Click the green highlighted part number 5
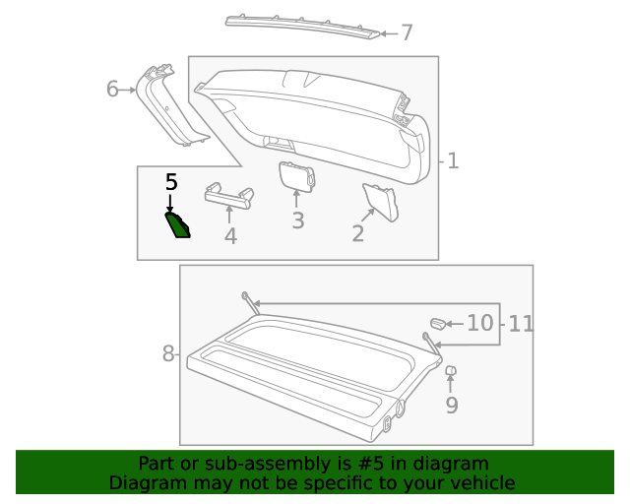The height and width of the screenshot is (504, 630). tap(178, 226)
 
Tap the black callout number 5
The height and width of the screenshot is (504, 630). tap(171, 182)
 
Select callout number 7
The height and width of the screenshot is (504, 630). tap(407, 33)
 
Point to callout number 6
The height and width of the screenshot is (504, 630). tap(112, 90)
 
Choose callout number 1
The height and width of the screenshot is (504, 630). tap(453, 160)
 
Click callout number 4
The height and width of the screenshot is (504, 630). tap(230, 236)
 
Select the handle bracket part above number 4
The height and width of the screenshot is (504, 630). tap(228, 195)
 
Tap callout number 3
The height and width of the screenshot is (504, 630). tap(297, 220)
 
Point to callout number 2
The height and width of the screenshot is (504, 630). tap(358, 233)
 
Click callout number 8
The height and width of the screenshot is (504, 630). tap(167, 352)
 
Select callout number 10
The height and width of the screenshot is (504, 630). tap(479, 323)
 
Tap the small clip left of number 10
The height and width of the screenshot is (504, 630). tap(437, 323)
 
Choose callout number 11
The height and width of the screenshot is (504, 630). tap(521, 323)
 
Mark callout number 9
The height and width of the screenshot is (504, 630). tap(452, 405)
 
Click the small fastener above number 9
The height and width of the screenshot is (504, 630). tap(451, 372)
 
